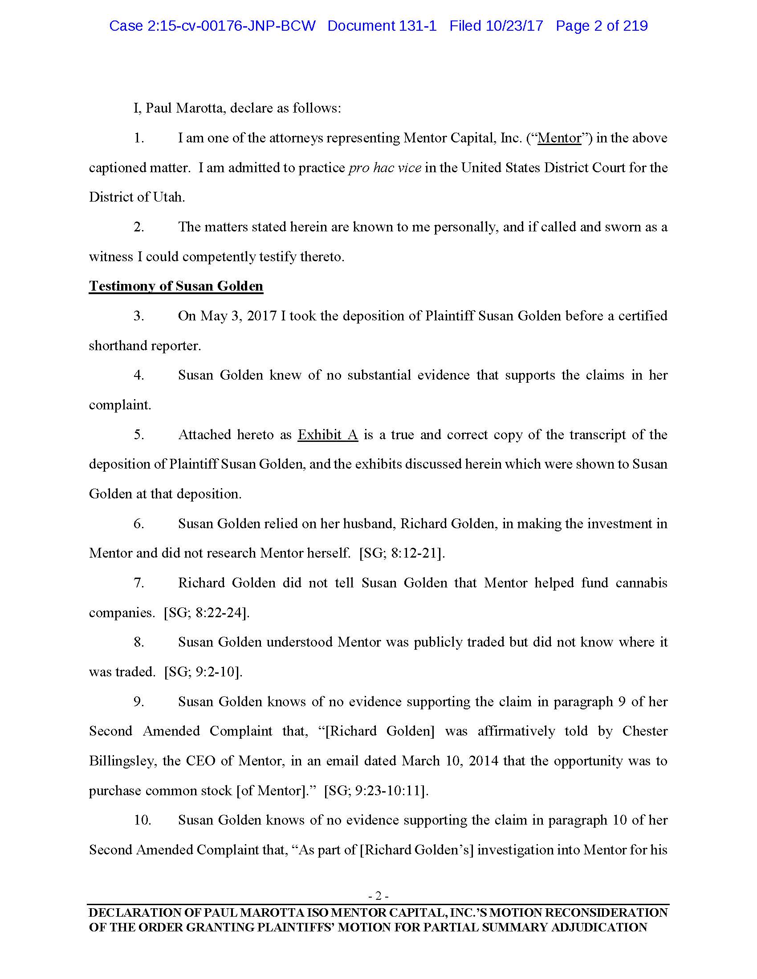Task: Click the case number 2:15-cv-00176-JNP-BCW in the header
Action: pyautogui.click(x=212, y=26)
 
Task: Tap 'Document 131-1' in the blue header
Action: pyautogui.click(x=382, y=26)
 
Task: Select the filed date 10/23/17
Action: pyautogui.click(x=514, y=26)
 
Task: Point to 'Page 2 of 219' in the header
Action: pyautogui.click(x=602, y=26)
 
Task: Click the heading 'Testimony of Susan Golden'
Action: pyautogui.click(x=176, y=286)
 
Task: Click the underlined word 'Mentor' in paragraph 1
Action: pyautogui.click(x=559, y=138)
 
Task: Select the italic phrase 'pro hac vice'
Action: pyautogui.click(x=385, y=168)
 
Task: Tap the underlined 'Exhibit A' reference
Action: pyautogui.click(x=328, y=434)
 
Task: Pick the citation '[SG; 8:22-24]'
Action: pyautogui.click(x=207, y=612)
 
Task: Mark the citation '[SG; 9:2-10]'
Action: pyautogui.click(x=203, y=672)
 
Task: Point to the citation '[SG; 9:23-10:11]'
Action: pyautogui.click(x=376, y=790)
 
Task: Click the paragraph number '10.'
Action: pyautogui.click(x=142, y=820)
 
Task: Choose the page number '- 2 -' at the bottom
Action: pyautogui.click(x=378, y=896)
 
